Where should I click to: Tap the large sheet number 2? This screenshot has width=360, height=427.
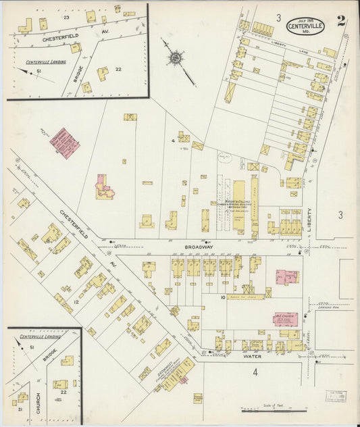(x=342, y=20)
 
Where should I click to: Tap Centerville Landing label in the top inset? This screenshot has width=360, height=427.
(x=43, y=62)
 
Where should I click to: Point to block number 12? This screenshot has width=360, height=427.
(x=76, y=301)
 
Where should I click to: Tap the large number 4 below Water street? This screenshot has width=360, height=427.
(x=255, y=372)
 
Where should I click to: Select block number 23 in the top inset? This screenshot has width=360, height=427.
(x=66, y=16)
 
